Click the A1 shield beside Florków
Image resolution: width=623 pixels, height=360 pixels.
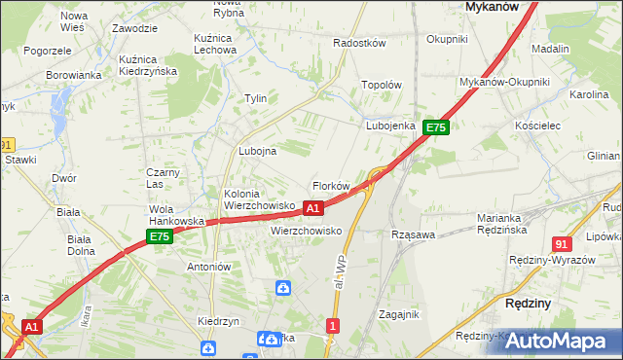pyautogui.click(x=312, y=208)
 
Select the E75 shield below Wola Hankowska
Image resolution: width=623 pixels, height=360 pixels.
pyautogui.click(x=160, y=236)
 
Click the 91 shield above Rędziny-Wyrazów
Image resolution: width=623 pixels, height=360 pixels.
pyautogui.click(x=561, y=244)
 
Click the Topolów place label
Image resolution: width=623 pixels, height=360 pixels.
pyautogui.click(x=382, y=85)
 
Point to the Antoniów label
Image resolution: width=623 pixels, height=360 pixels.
pyautogui.click(x=208, y=267)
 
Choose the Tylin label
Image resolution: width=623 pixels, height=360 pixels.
pyautogui.click(x=256, y=99)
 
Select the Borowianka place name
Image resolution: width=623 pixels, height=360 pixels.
pyautogui.click(x=74, y=74)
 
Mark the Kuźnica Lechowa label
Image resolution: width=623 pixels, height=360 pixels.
pyautogui.click(x=213, y=43)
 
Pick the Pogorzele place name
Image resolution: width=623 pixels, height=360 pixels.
pyautogui.click(x=48, y=51)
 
